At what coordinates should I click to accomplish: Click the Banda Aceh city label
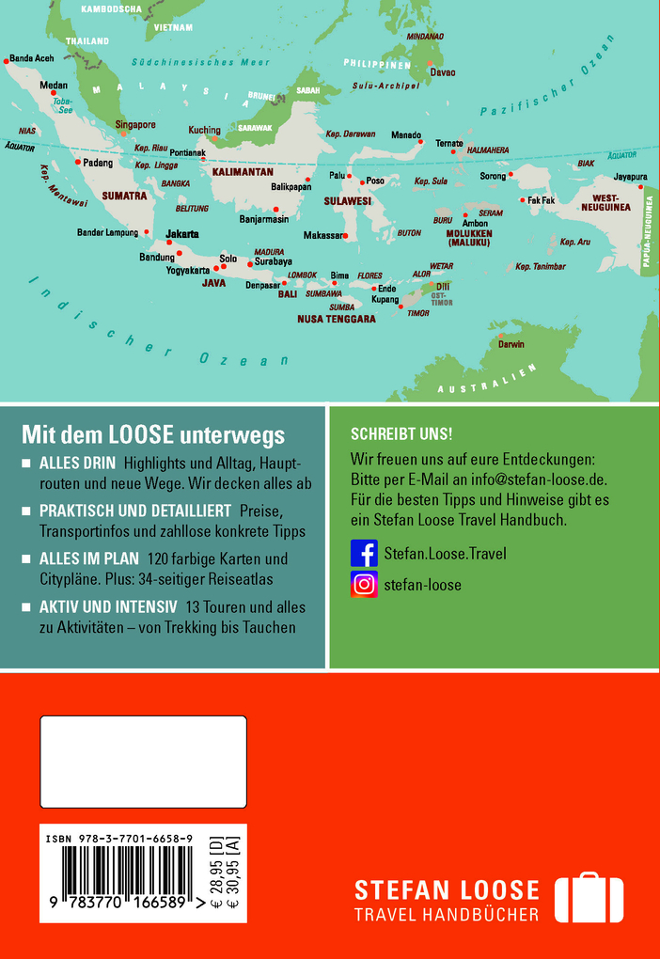coord(32,57)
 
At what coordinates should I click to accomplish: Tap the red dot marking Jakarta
coord(169,243)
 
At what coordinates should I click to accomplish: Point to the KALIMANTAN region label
coord(243,172)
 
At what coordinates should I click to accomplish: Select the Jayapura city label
coord(630,176)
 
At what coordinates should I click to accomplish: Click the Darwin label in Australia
coord(511,344)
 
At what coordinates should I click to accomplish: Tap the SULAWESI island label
coord(348,201)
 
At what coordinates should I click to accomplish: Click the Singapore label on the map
coord(135,124)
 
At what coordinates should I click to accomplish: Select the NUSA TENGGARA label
coord(337,319)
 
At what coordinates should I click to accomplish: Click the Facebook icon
coord(364,553)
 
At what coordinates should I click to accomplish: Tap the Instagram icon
coord(364,584)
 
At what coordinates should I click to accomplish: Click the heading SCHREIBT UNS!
coord(401,434)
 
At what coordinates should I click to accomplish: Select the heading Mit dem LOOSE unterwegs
coord(153,435)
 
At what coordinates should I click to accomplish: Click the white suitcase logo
coord(589,899)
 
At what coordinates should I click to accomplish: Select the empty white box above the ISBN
coord(143,762)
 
